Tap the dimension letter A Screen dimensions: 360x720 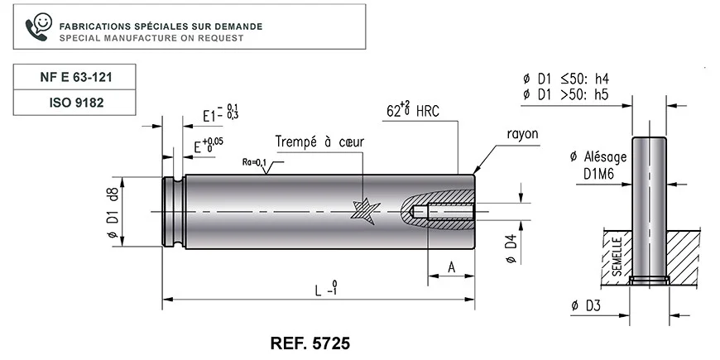coord(452,267)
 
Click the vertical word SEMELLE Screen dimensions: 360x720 coord(617,257)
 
